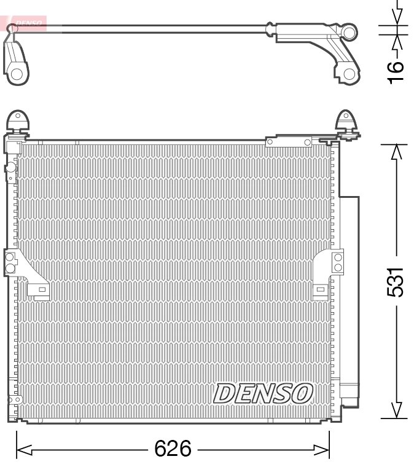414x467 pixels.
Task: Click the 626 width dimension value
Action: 173,449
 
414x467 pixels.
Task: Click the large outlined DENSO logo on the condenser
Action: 264,393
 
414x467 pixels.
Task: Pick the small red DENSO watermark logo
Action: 25,24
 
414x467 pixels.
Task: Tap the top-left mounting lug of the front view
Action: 17,120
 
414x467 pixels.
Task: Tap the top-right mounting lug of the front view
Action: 347,121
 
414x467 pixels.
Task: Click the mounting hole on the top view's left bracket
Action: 17,74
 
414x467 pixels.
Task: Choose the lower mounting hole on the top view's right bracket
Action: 348,74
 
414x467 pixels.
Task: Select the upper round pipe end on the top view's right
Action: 349,32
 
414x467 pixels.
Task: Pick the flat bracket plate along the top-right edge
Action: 289,143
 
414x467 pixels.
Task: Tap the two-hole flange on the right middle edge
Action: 337,261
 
